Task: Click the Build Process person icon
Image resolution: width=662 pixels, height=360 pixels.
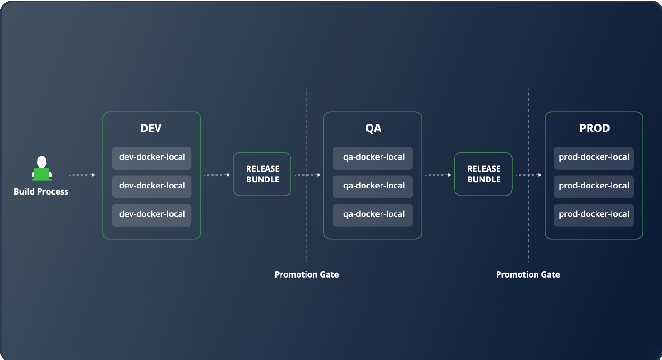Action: [41, 169]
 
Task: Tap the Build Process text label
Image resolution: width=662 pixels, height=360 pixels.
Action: [41, 192]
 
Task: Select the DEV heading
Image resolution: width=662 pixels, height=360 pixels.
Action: [151, 129]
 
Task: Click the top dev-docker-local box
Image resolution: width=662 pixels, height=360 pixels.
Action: [152, 158]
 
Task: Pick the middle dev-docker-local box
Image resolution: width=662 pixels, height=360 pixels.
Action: [152, 186]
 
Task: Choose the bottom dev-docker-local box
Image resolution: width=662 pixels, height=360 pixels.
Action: [152, 214]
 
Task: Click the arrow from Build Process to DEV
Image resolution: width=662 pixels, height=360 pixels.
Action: [82, 175]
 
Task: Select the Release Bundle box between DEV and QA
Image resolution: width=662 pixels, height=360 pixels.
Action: [262, 174]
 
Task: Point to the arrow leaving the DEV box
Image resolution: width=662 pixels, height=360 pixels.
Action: [216, 175]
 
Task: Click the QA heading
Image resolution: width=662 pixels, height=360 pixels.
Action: [373, 129]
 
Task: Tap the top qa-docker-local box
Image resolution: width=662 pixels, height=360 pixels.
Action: [373, 158]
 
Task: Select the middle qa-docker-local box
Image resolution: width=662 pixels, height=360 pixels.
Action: [373, 186]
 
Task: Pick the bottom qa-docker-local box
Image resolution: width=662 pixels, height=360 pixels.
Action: [373, 214]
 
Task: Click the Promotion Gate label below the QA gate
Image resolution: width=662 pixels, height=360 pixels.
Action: [306, 275]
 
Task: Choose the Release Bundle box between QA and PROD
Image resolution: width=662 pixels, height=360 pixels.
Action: [483, 174]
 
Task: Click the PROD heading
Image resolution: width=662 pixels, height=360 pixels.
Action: [594, 129]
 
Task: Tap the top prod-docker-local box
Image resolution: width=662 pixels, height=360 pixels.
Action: [594, 158]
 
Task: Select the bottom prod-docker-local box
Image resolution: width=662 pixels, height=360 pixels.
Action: [594, 214]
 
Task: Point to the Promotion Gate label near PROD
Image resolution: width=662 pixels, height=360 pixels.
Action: [528, 275]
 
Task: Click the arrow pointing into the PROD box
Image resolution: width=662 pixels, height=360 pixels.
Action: [529, 175]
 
